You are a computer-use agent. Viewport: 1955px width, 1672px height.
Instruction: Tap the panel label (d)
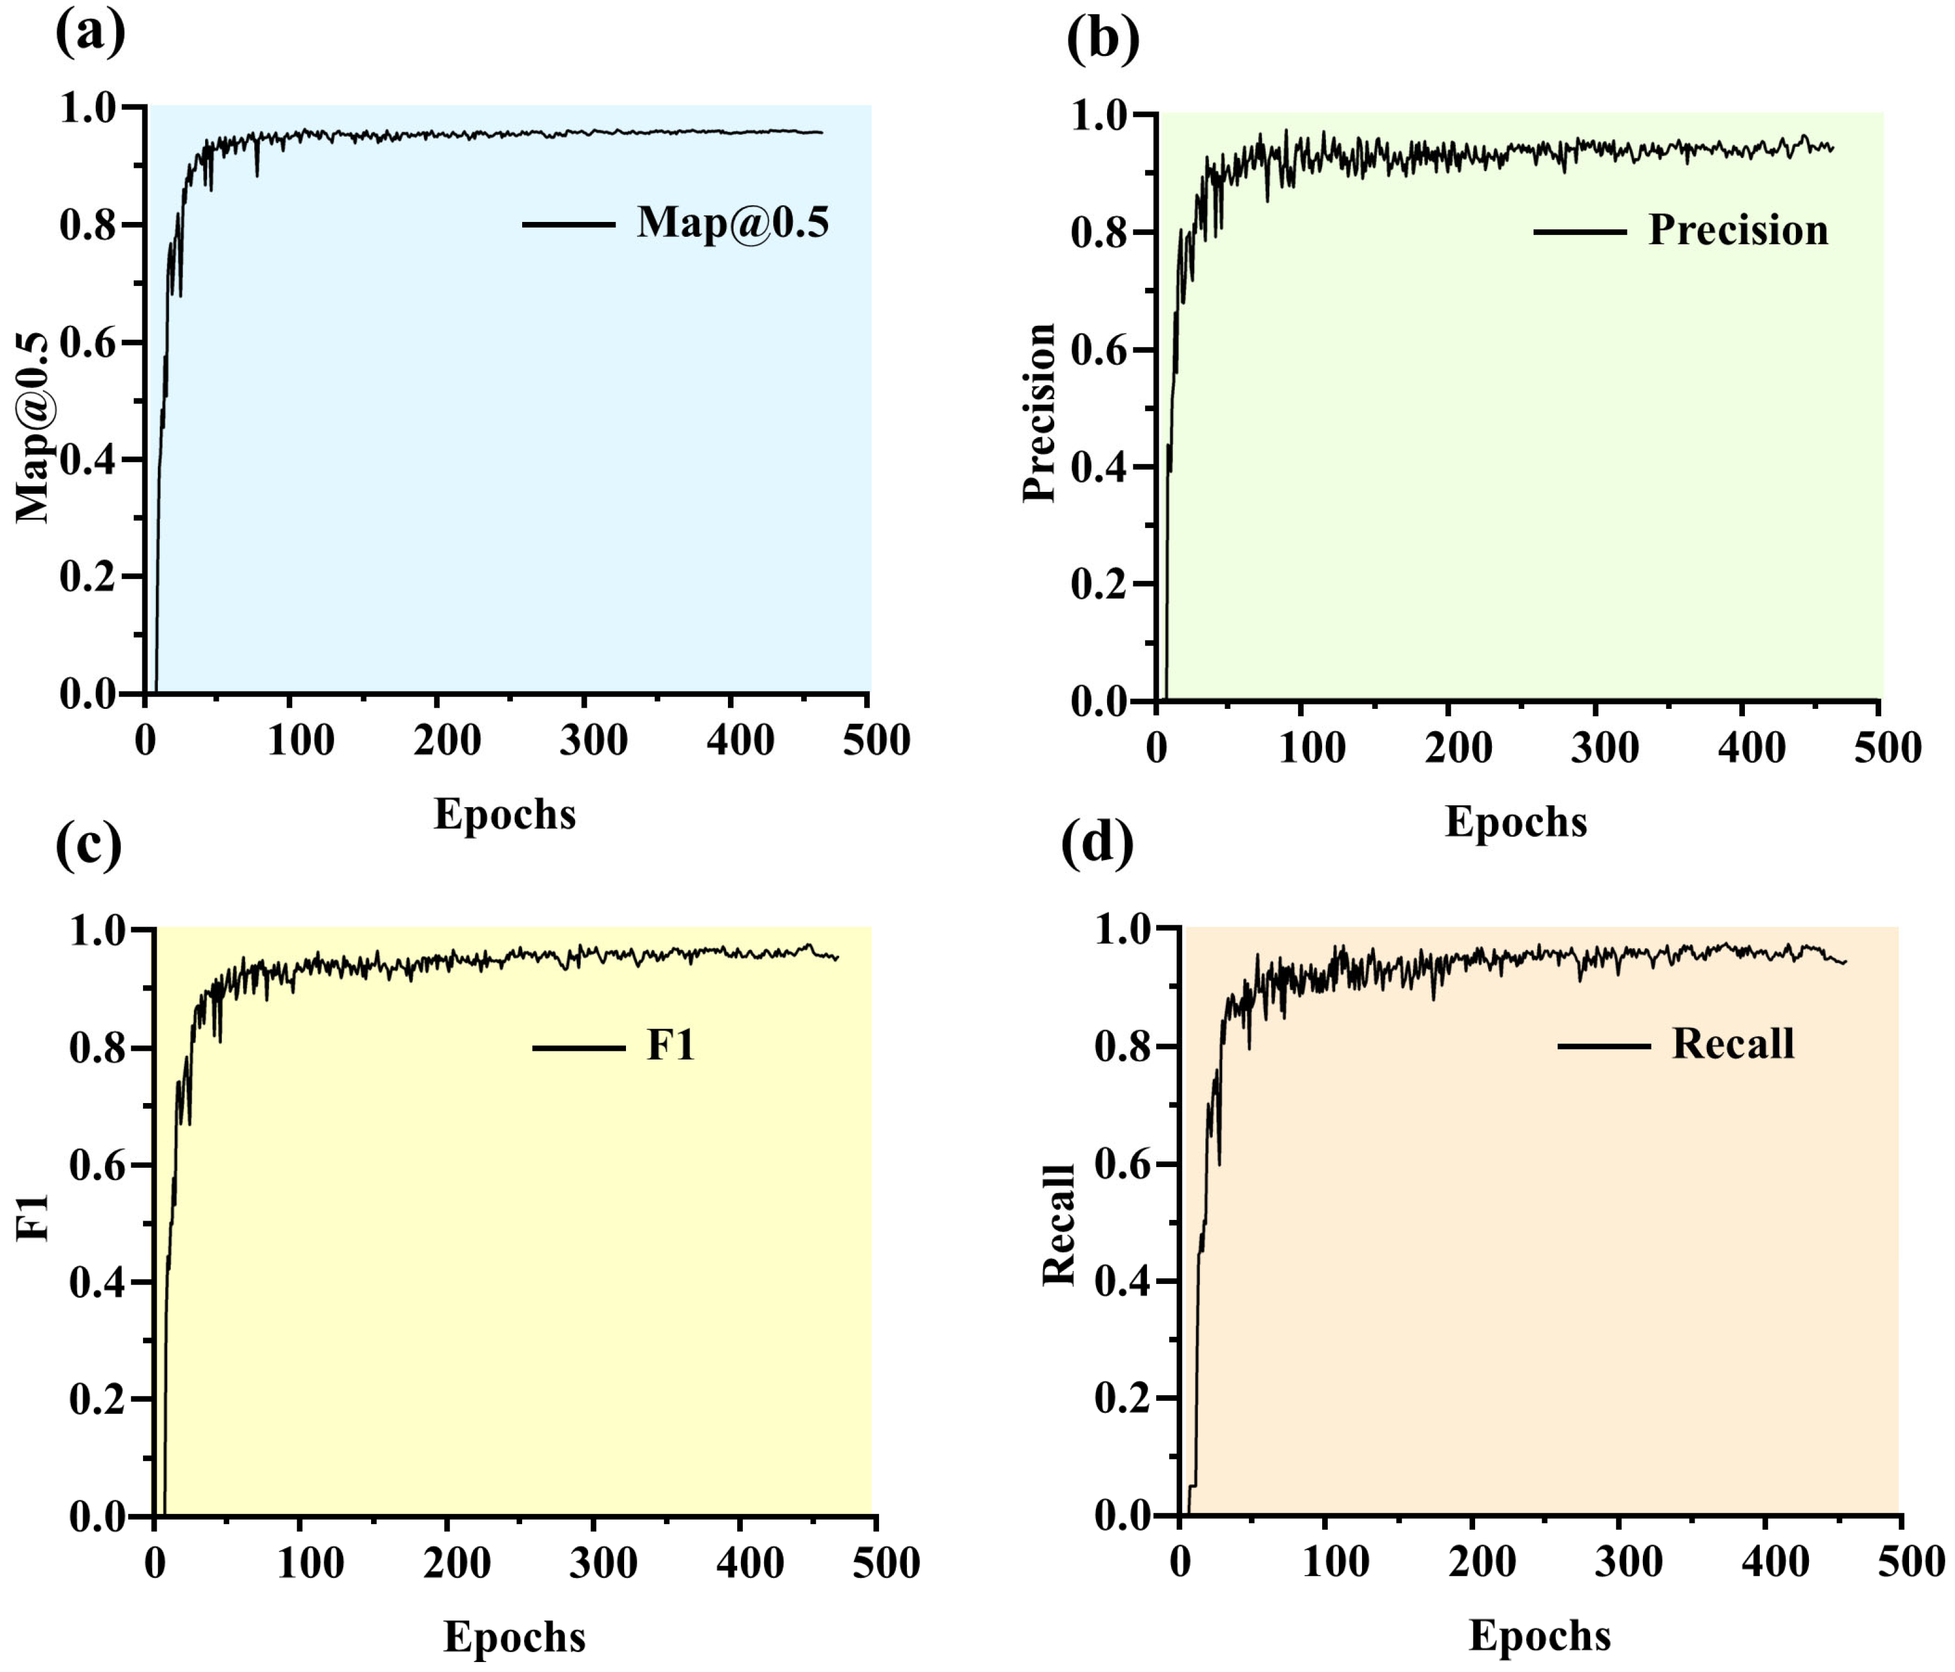coord(1098,846)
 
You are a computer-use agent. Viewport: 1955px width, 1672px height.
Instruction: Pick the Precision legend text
coord(1739,230)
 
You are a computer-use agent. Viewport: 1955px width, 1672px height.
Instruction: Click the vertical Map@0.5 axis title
coord(34,427)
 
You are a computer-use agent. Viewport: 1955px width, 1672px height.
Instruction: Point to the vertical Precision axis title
coord(1040,412)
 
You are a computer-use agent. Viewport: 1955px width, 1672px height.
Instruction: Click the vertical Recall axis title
coord(1059,1225)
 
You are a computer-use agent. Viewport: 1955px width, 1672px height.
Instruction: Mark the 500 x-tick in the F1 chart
coord(886,1563)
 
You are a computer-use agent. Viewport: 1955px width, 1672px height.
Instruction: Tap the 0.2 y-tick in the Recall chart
coord(1126,1398)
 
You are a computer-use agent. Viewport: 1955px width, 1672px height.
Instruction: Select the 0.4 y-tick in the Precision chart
coord(1102,468)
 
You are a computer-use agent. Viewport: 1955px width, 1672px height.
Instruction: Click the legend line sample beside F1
coord(578,1047)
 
